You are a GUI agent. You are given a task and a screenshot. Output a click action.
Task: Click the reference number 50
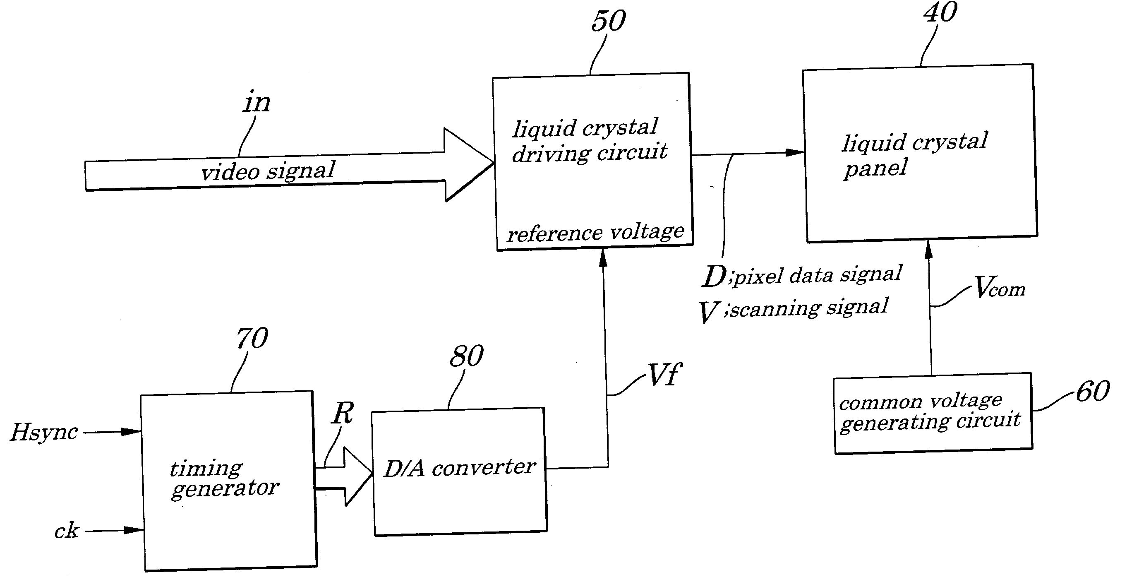point(609,21)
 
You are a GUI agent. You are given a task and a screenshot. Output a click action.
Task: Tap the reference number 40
point(940,12)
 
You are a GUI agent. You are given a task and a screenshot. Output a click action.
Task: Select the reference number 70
point(252,338)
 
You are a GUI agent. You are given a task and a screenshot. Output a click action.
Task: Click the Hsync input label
point(44,432)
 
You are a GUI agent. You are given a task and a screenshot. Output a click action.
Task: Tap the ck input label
point(67,531)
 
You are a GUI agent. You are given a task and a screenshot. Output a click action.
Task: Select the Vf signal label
point(664,375)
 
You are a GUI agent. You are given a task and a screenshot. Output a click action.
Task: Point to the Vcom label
point(1000,287)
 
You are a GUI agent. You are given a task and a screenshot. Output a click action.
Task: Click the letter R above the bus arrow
point(343,413)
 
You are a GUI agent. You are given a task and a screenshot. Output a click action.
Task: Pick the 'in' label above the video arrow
point(257,102)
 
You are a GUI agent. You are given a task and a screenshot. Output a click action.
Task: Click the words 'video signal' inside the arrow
point(268,171)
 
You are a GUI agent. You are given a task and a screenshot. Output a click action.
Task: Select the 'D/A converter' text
point(459,468)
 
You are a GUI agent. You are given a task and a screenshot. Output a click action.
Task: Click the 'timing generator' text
point(224,479)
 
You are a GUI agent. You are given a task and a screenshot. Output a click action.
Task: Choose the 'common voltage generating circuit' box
point(933,414)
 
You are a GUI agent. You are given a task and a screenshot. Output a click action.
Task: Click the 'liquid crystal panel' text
point(915,155)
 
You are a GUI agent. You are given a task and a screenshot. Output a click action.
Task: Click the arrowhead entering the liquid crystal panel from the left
point(795,152)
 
